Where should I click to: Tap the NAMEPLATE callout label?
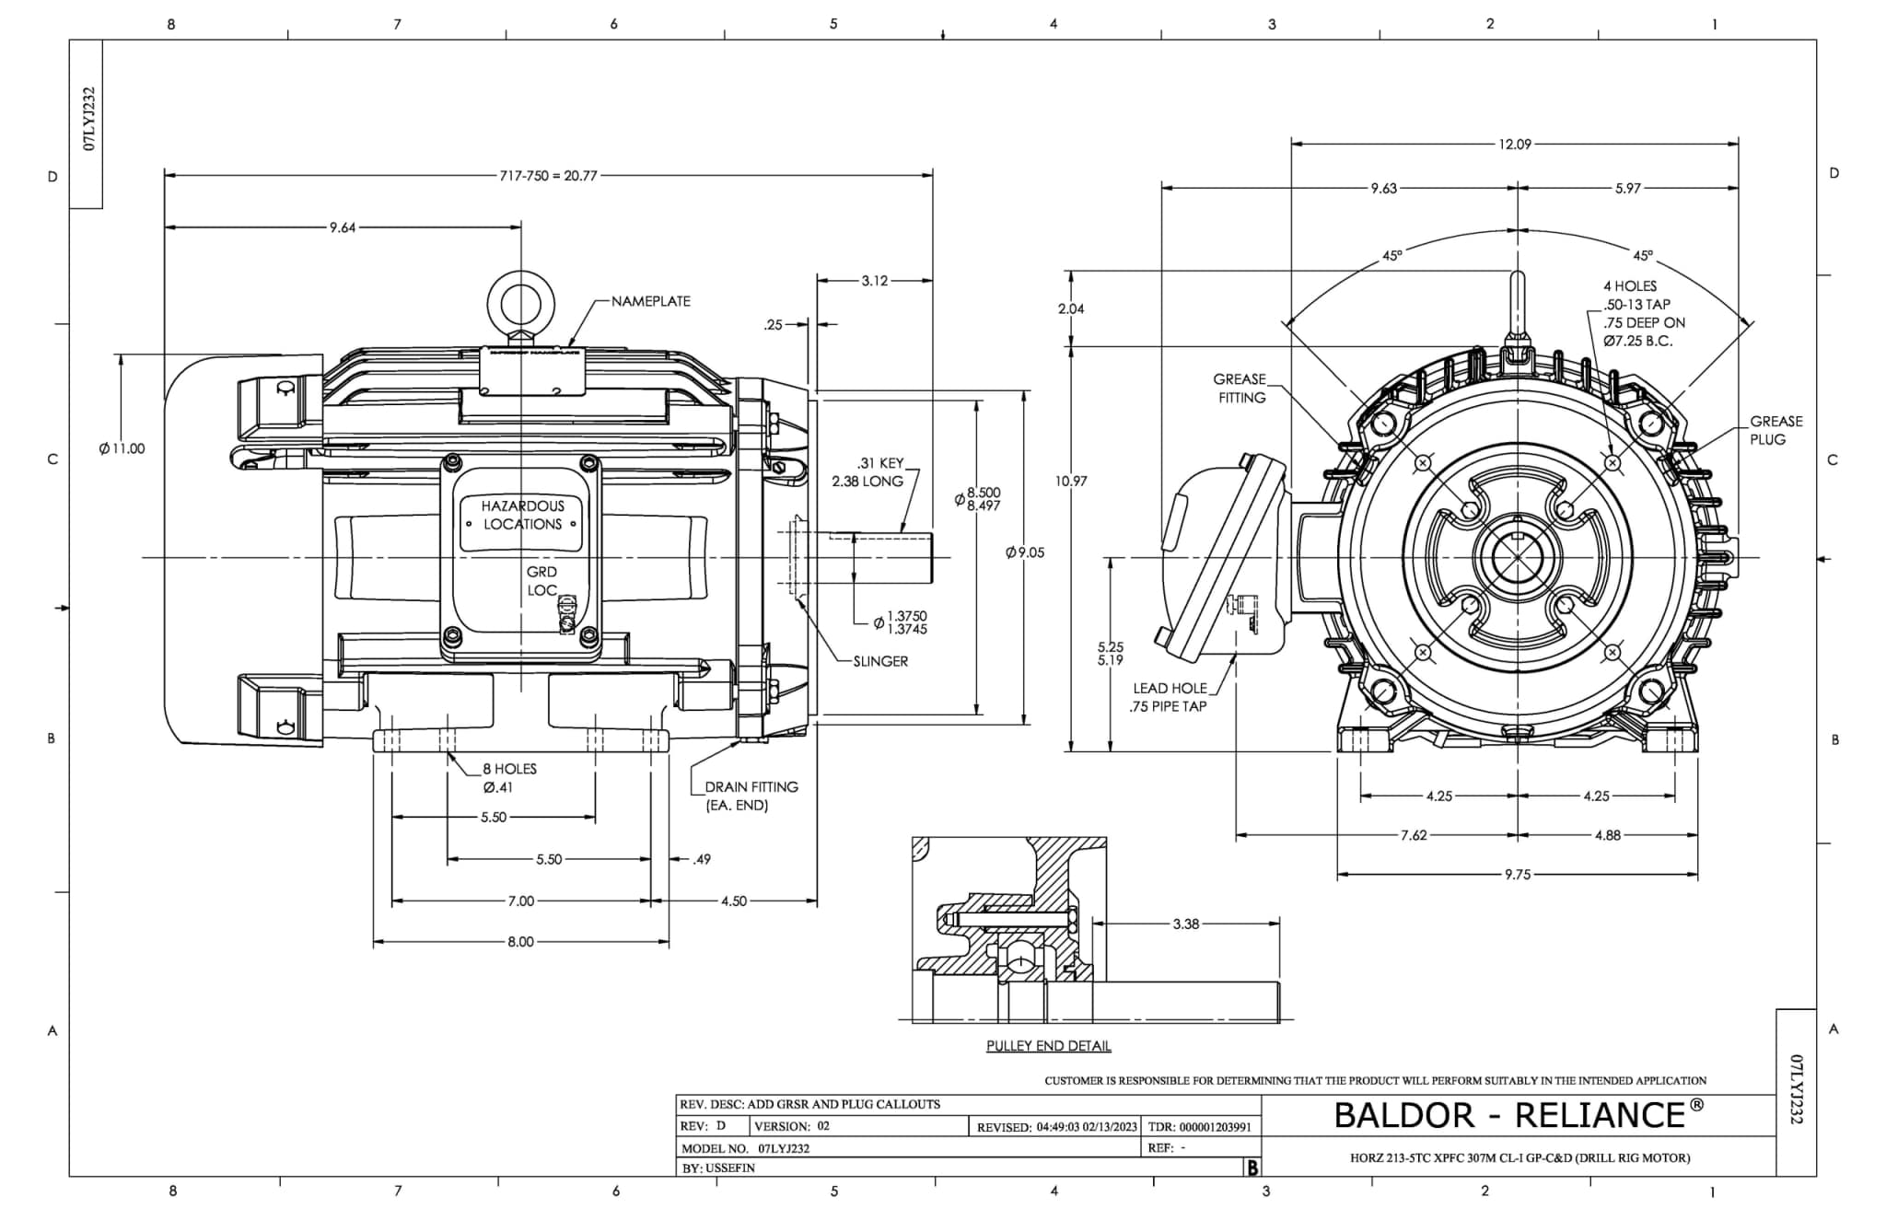(650, 301)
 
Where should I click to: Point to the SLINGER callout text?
(879, 661)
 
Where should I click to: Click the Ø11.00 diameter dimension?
(122, 448)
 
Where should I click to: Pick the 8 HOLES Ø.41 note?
(509, 778)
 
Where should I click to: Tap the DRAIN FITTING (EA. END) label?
(750, 796)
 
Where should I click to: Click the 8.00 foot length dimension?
(520, 942)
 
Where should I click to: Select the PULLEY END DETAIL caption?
(1048, 1046)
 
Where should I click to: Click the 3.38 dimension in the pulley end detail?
(1185, 924)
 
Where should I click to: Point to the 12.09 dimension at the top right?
(1514, 144)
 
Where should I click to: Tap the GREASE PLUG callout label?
(1775, 430)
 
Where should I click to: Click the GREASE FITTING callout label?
(1240, 389)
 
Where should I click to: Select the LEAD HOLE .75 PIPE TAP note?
(1169, 697)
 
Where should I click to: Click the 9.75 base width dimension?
(1517, 875)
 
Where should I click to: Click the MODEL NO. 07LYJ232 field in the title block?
(746, 1149)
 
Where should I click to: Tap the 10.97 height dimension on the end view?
(1071, 481)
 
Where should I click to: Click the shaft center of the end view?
(1517, 558)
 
